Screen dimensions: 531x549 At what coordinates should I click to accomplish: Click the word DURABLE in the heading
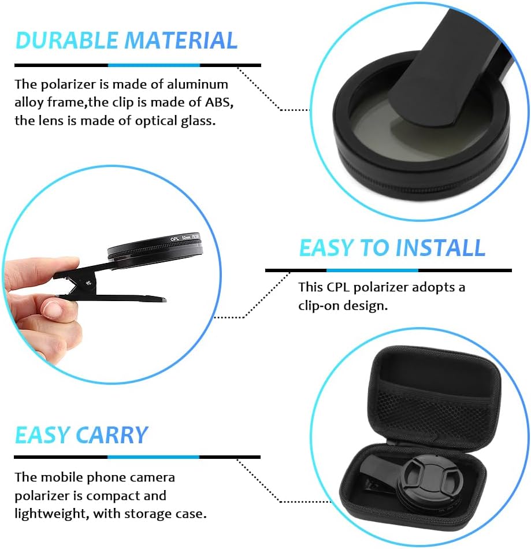[66, 40]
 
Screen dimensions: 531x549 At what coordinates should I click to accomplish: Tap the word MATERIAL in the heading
[181, 40]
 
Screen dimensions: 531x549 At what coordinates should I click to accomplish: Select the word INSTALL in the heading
[440, 248]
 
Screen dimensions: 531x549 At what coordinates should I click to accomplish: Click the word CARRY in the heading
[112, 435]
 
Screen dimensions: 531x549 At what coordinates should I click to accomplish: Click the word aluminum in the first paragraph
[198, 84]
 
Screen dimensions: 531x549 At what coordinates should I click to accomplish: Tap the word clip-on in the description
[318, 306]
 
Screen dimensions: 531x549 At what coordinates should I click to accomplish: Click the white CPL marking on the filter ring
[174, 239]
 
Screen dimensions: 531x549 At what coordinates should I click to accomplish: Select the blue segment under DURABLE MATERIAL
[154, 65]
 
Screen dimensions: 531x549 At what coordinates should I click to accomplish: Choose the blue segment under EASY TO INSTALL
[372, 270]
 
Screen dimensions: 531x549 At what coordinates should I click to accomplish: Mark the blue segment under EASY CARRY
[153, 457]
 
